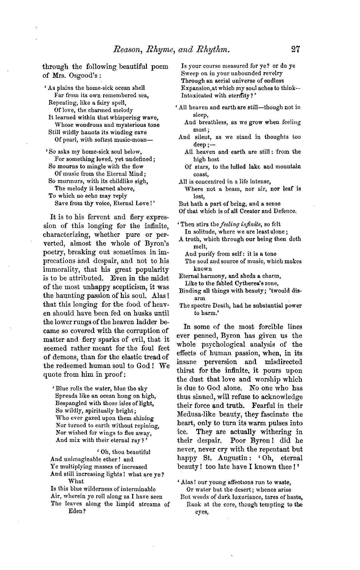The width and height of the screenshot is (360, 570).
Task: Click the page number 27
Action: [295, 49]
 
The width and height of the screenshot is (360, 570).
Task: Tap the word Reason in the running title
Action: [126, 49]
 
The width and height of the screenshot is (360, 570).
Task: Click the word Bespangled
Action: [71, 403]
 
